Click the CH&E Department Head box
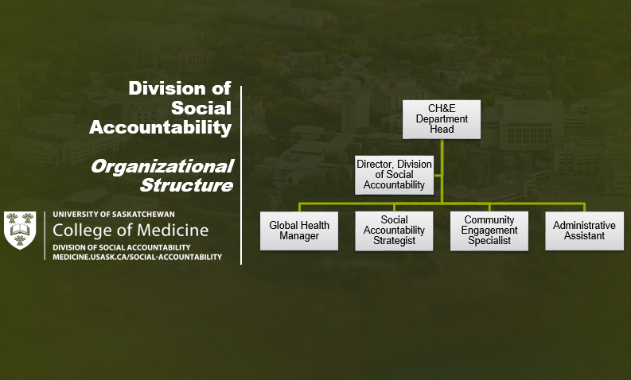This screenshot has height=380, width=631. click(x=442, y=119)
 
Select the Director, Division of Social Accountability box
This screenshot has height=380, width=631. click(x=395, y=175)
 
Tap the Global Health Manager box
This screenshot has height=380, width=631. click(x=299, y=231)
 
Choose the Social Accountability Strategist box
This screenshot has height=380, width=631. click(x=394, y=231)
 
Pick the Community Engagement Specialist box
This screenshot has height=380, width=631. click(x=489, y=231)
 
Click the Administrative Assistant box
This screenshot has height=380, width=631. click(x=584, y=231)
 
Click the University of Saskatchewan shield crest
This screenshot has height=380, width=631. click(x=20, y=231)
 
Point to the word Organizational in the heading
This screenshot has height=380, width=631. click(x=162, y=166)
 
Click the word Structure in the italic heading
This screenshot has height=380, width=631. click(x=186, y=185)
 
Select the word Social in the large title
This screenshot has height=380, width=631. click(x=201, y=108)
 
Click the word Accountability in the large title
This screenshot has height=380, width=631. click(x=161, y=127)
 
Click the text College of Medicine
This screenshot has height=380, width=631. click(x=130, y=231)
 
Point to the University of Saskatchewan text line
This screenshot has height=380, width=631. click(x=114, y=215)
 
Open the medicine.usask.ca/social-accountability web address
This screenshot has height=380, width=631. click(x=137, y=257)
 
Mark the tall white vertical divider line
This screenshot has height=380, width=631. click(x=241, y=175)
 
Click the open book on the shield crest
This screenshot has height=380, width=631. click(x=20, y=230)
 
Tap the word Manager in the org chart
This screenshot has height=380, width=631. click(x=299, y=236)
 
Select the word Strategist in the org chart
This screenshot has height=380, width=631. click(x=394, y=241)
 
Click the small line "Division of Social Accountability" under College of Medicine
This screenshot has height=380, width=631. click(x=122, y=247)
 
